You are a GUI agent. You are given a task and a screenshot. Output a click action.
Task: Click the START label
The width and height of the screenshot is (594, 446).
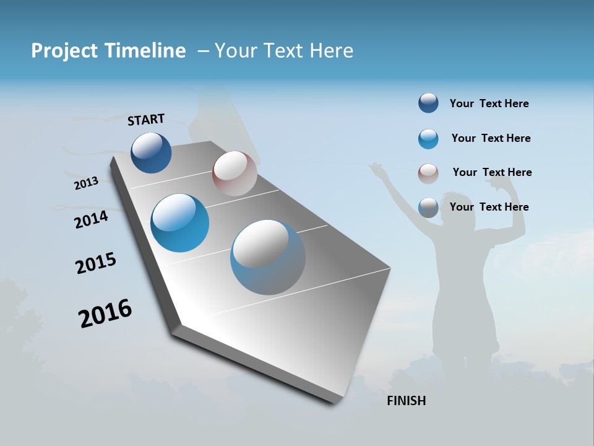click(x=146, y=119)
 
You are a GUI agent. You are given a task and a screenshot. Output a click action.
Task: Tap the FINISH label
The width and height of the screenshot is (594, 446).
click(x=406, y=401)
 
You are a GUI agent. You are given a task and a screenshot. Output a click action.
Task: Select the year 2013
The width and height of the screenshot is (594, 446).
click(x=86, y=183)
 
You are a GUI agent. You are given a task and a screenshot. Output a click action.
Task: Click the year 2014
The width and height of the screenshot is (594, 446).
click(x=91, y=219)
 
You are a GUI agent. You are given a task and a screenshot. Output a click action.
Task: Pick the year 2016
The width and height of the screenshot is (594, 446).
click(x=105, y=313)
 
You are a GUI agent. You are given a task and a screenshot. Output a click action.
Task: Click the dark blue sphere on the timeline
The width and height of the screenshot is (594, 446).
click(x=151, y=152)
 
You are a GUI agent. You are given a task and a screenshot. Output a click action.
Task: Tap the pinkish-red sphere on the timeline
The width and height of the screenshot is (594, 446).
click(x=235, y=173)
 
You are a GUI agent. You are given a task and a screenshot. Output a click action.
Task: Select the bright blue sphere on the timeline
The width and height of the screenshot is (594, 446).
click(x=179, y=223)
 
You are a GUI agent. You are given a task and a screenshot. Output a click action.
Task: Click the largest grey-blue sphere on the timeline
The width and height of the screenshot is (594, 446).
click(x=267, y=257)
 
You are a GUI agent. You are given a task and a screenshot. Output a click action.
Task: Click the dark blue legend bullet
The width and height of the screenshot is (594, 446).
click(x=428, y=103)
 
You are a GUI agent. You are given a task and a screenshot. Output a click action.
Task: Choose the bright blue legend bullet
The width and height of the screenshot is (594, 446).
click(x=428, y=139)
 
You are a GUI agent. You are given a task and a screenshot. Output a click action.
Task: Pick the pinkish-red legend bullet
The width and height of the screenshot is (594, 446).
click(x=428, y=173)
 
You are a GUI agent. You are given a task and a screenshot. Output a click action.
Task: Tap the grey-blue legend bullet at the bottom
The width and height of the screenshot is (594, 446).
click(x=428, y=208)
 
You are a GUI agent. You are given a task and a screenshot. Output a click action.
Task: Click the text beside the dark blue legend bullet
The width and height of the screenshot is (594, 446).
click(x=489, y=103)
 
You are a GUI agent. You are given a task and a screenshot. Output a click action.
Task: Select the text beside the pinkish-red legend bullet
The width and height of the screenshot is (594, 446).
click(x=492, y=172)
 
